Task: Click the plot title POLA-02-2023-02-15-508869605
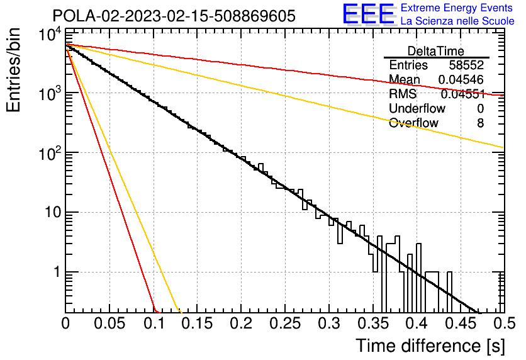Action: pyautogui.click(x=174, y=16)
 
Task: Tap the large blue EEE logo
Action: pyautogui.click(x=369, y=14)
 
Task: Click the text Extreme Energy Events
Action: pyautogui.click(x=457, y=8)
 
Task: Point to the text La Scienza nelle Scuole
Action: pyautogui.click(x=457, y=21)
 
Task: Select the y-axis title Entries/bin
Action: pyautogui.click(x=14, y=70)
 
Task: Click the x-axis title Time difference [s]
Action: pyautogui.click(x=430, y=346)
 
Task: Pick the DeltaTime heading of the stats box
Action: pyautogui.click(x=436, y=51)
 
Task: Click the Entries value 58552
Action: pyautogui.click(x=467, y=65)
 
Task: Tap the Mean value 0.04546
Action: pyautogui.click(x=461, y=79)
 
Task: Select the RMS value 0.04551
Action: pyautogui.click(x=463, y=94)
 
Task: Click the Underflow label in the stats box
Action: pyautogui.click(x=417, y=108)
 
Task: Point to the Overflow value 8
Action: pyautogui.click(x=480, y=123)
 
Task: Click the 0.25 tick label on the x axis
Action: pyautogui.click(x=285, y=323)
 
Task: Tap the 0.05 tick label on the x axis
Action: pyautogui.click(x=109, y=323)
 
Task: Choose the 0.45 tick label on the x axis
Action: pyautogui.click(x=461, y=323)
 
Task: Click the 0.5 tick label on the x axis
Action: pyautogui.click(x=504, y=323)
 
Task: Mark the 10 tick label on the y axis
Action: pyautogui.click(x=53, y=212)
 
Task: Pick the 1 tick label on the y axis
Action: pyautogui.click(x=57, y=272)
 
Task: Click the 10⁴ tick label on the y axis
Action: pyautogui.click(x=50, y=33)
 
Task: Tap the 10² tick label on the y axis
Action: pyautogui.click(x=50, y=154)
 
